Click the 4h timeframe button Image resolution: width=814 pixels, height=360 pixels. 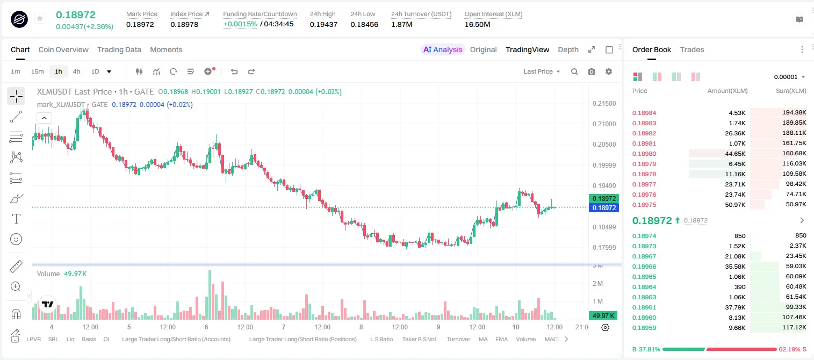(x=76, y=71)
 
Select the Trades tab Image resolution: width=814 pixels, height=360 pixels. (x=692, y=49)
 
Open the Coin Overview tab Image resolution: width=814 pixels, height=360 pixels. (x=63, y=49)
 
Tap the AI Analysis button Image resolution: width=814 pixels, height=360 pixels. (x=443, y=49)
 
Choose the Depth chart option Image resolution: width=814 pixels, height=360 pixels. (x=568, y=49)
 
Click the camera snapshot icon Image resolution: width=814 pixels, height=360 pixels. (x=592, y=71)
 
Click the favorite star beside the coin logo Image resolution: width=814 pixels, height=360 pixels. (x=40, y=18)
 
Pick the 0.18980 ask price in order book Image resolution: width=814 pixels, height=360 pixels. (x=644, y=154)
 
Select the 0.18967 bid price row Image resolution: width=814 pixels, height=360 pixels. (x=644, y=256)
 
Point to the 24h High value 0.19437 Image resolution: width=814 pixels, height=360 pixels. (x=323, y=24)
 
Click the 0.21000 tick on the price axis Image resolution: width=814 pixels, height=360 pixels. (x=604, y=124)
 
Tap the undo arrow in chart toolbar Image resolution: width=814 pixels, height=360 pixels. (x=234, y=71)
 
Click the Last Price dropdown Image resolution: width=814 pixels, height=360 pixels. (x=542, y=71)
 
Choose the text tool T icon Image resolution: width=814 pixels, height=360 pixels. (x=16, y=219)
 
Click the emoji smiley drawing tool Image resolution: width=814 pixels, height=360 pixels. (x=16, y=239)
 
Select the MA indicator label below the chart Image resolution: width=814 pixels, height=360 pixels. (x=483, y=339)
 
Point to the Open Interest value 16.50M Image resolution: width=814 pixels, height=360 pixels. (x=477, y=24)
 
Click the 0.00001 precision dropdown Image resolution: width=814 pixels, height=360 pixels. (x=789, y=77)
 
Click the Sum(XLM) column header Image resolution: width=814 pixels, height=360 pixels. (x=791, y=91)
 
